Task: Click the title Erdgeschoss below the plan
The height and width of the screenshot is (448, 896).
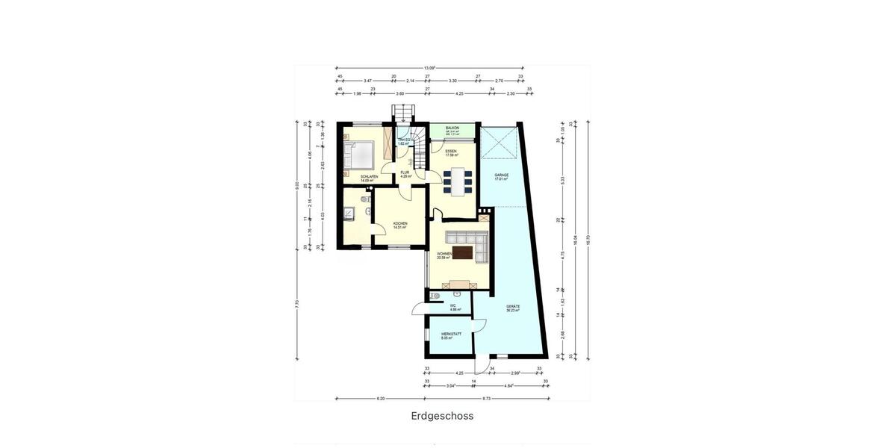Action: click(442, 417)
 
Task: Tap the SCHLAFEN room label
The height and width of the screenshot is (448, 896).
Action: click(369, 177)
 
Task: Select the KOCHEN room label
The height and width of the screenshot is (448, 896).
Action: click(400, 224)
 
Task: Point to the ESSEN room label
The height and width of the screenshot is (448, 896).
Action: click(451, 152)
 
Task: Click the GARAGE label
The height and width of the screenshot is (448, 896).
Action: click(501, 176)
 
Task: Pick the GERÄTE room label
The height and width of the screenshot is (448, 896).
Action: click(512, 308)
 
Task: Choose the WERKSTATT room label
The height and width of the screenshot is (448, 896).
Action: click(451, 334)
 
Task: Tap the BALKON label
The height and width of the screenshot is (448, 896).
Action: click(452, 128)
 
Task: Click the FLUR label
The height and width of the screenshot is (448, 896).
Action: click(405, 172)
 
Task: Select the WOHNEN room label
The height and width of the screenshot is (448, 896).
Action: click(444, 255)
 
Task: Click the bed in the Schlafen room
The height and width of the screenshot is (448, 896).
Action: click(361, 156)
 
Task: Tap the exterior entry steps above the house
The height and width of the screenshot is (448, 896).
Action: click(403, 113)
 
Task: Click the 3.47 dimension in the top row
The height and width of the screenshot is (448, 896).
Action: click(367, 80)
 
